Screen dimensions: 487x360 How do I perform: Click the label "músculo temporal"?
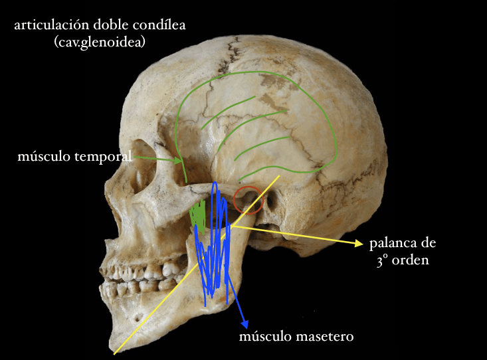(x=76, y=157)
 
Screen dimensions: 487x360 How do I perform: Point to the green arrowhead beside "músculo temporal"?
(x=178, y=161)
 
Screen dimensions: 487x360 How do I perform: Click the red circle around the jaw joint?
(x=248, y=200)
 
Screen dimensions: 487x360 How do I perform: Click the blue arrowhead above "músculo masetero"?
(x=246, y=322)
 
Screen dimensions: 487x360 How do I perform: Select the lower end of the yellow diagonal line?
(x=115, y=353)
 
